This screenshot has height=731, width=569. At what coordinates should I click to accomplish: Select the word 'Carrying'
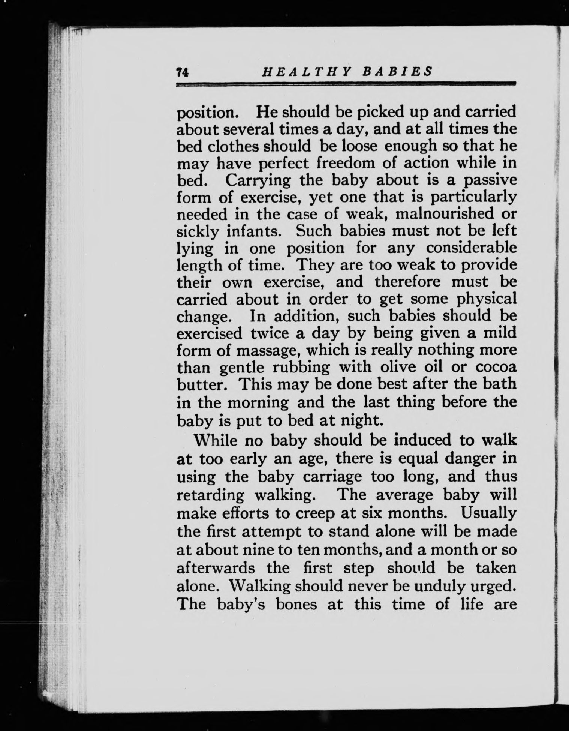[258, 180]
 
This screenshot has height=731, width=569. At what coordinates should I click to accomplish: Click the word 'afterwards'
[216, 568]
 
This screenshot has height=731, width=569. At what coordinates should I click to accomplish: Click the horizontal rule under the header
[346, 84]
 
